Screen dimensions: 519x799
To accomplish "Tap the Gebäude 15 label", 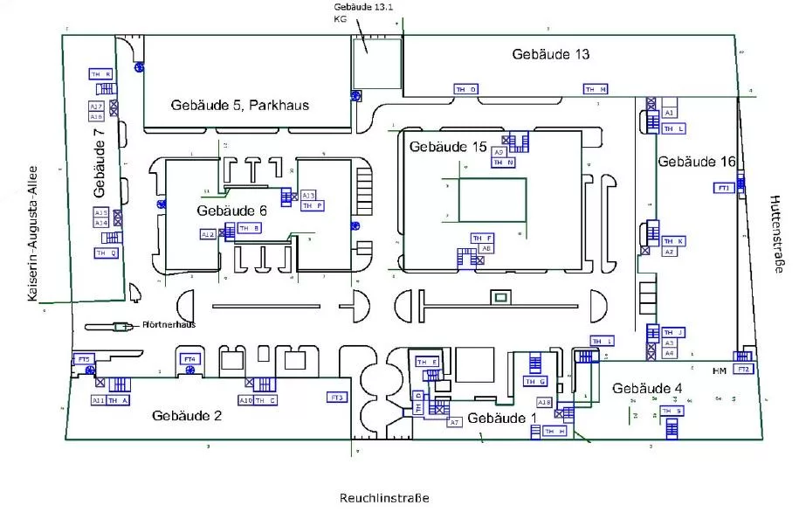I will [448, 147].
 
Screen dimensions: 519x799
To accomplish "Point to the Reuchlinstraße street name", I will [384, 498].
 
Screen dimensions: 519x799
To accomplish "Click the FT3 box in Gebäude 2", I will [338, 398].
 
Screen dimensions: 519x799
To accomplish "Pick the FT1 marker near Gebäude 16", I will [724, 188].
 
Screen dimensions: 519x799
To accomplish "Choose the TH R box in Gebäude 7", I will [101, 75].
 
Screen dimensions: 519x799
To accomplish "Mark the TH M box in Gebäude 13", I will [596, 89].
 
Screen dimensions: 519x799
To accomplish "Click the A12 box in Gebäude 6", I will [208, 234].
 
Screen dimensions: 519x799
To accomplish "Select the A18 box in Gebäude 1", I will [544, 402].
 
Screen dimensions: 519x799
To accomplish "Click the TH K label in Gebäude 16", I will [674, 241].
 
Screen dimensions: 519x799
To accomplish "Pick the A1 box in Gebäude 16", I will [670, 114].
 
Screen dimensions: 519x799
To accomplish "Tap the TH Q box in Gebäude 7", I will [106, 253].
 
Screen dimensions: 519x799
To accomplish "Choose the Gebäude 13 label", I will [550, 54].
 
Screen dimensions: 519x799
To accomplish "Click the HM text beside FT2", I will [719, 371].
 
